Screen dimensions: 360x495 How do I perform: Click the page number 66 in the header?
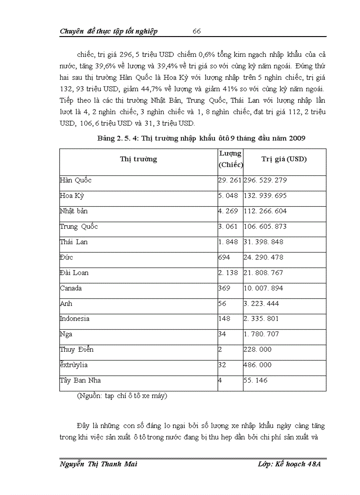pos(197,31)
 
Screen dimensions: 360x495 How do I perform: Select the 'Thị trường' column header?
pos(139,159)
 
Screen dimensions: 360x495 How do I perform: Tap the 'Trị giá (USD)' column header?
pos(284,159)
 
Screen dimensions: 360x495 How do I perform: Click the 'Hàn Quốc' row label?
pos(76,180)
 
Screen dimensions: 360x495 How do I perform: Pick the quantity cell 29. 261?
pos(230,180)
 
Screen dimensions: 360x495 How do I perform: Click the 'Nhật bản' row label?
pos(74,211)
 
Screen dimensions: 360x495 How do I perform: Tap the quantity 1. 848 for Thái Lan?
pos(228,242)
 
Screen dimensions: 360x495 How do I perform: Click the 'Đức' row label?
pos(67,257)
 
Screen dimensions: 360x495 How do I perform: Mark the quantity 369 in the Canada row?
pos(224,288)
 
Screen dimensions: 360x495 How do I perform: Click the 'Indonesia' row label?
pos(75,319)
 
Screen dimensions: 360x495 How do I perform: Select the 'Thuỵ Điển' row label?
pos(77,350)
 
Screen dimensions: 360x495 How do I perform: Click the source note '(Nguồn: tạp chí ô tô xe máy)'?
pos(122,396)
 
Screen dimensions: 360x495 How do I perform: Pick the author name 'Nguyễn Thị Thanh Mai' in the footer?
pos(95,465)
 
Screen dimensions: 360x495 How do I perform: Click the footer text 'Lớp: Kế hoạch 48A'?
pos(289,465)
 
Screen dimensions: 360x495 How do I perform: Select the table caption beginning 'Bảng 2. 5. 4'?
pos(201,138)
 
